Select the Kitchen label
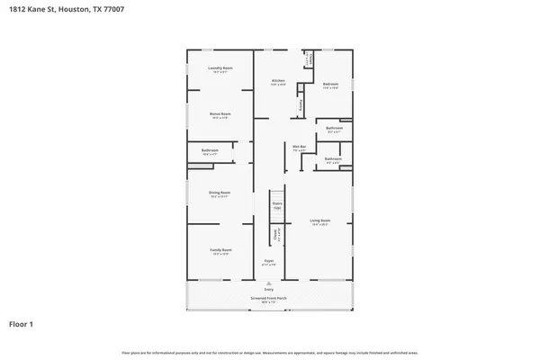pyautogui.click(x=278, y=83)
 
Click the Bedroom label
pyautogui.click(x=330, y=85)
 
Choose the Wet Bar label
pyautogui.click(x=300, y=148)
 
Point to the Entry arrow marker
pyautogui.click(x=269, y=283)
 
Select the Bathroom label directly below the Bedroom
pyautogui.click(x=334, y=130)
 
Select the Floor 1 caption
pyautogui.click(x=23, y=323)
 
